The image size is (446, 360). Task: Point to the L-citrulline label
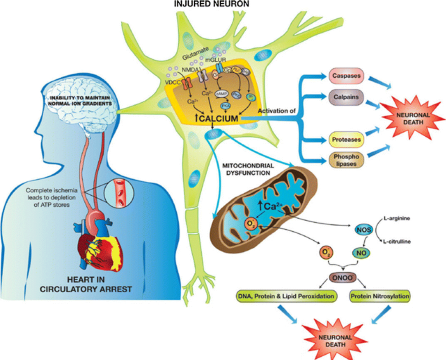[x=409, y=242]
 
